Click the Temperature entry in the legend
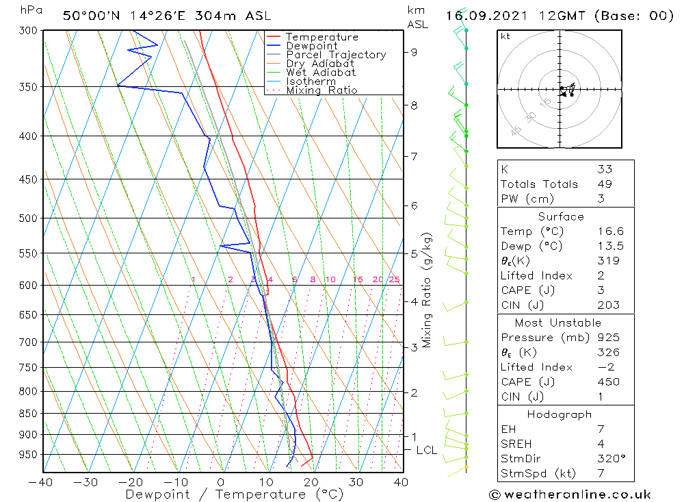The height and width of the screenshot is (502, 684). [x=321, y=37]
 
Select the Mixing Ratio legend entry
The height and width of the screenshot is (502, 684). [x=321, y=90]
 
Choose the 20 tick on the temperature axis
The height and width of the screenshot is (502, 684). [x=311, y=482]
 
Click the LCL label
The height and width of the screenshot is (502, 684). [x=426, y=450]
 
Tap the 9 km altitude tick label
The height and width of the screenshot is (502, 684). [x=415, y=51]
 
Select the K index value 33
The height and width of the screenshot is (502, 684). [x=604, y=169]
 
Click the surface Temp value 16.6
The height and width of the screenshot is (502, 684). [x=609, y=231]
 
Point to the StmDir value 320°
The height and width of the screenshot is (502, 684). [x=610, y=459]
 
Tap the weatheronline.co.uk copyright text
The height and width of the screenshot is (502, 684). [x=570, y=494]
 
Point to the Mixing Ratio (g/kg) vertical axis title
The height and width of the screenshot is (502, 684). [x=427, y=290]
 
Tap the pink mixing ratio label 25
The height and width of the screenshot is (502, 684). [x=394, y=279]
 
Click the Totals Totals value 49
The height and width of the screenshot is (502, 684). [x=604, y=184]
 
